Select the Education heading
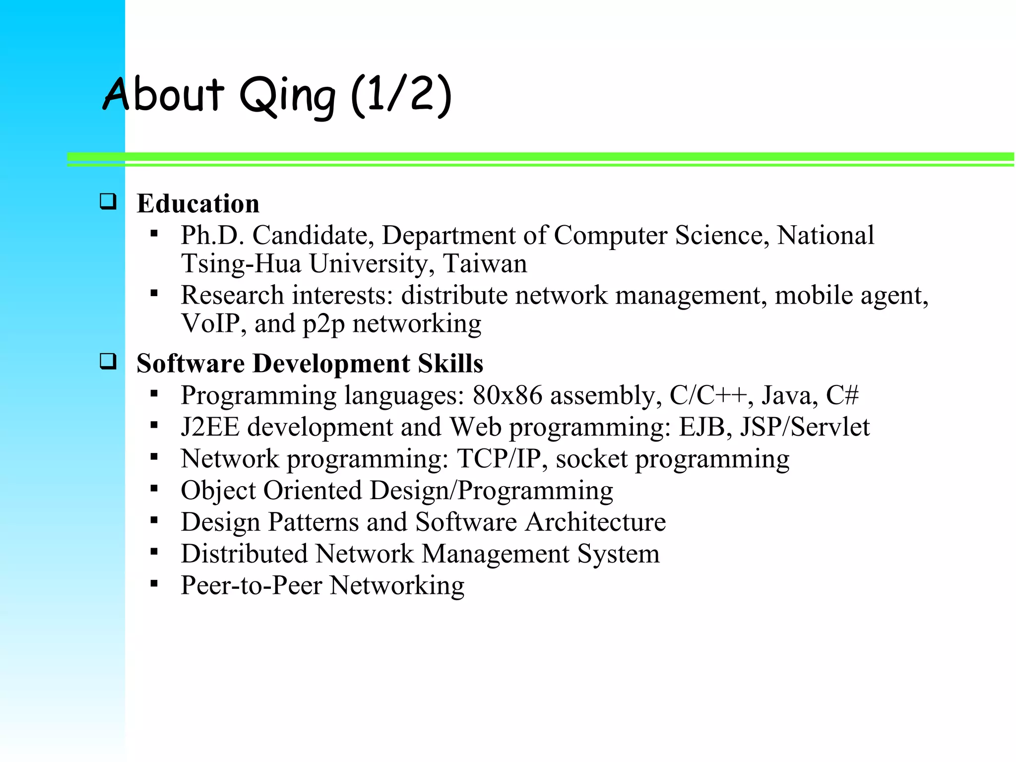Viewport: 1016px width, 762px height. pyautogui.click(x=198, y=203)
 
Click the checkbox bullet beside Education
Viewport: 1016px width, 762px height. pyautogui.click(x=108, y=201)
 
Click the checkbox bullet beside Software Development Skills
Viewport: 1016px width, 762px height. pyautogui.click(x=108, y=361)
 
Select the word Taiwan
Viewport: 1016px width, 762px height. pyautogui.click(x=485, y=263)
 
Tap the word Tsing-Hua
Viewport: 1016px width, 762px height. pyautogui.click(x=241, y=263)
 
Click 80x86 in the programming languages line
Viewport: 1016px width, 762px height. pyautogui.click(x=507, y=395)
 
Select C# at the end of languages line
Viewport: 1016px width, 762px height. pyautogui.click(x=842, y=395)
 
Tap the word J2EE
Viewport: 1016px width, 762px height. pyautogui.click(x=210, y=427)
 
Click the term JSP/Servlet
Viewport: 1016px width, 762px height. pyautogui.click(x=805, y=427)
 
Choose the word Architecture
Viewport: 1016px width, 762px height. pyautogui.click(x=595, y=522)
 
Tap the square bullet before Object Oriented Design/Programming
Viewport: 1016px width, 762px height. pyautogui.click(x=154, y=489)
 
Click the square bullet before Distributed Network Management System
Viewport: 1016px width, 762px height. pyautogui.click(x=154, y=552)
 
